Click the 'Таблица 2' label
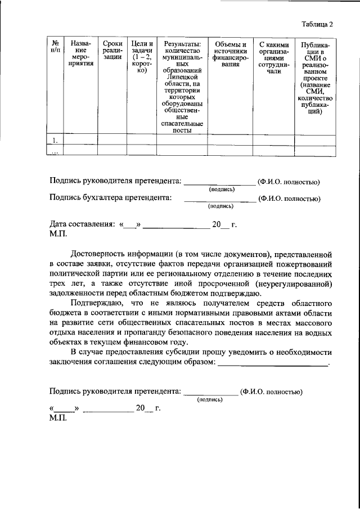pos(317,25)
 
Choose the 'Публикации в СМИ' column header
pos(315,78)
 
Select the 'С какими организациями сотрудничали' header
pos(273,57)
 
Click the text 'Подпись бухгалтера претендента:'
pos(110,198)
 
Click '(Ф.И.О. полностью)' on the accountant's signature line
pos(289,199)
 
